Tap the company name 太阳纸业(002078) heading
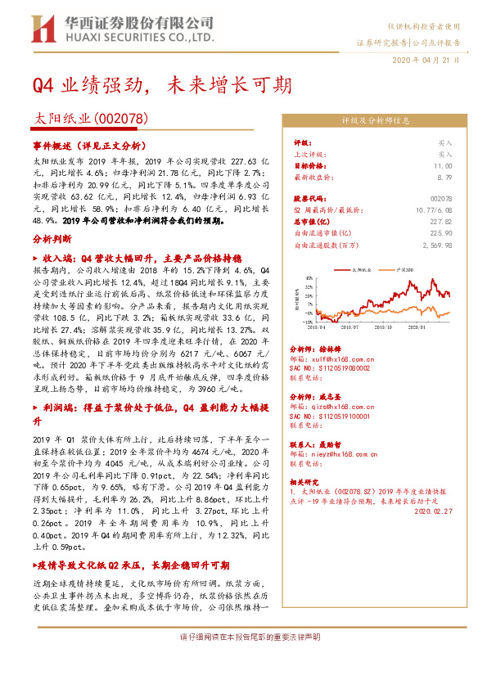point(90,119)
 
